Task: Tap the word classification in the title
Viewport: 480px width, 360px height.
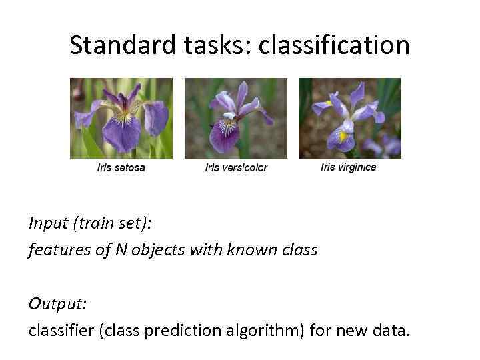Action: click(334, 45)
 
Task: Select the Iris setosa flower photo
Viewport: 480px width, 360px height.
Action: click(121, 118)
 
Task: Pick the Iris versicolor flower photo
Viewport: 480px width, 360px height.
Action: click(235, 118)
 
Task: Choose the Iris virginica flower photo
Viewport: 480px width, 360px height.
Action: click(349, 118)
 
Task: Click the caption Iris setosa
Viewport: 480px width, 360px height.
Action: click(121, 167)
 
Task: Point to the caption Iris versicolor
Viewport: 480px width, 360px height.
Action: click(236, 168)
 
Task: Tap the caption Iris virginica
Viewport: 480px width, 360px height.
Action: click(348, 167)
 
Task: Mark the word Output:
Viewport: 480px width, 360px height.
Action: click(57, 303)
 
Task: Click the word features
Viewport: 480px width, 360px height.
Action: click(55, 250)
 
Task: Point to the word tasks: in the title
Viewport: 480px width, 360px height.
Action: click(213, 45)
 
